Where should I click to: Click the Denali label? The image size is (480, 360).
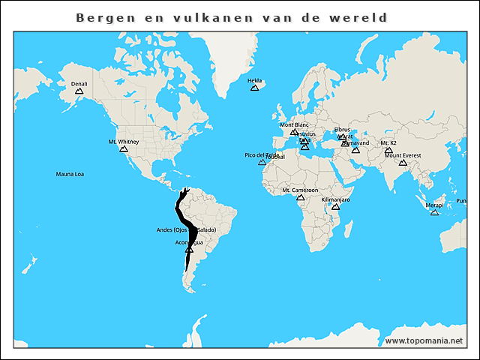click(x=79, y=84)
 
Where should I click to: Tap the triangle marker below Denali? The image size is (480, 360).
click(x=79, y=91)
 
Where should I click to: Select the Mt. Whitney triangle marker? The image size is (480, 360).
click(x=123, y=148)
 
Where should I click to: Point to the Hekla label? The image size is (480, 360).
click(x=254, y=80)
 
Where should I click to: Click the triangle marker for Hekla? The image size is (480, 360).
click(x=254, y=88)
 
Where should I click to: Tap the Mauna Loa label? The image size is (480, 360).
click(x=70, y=174)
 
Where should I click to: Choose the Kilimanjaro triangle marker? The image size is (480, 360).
click(x=335, y=206)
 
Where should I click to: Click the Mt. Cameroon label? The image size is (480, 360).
click(x=300, y=190)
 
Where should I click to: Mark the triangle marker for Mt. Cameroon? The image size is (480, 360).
click(x=300, y=197)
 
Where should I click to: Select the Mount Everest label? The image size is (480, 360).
click(x=403, y=155)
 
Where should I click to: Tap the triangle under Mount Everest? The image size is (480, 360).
click(x=403, y=162)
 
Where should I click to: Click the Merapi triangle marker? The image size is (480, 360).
click(x=434, y=212)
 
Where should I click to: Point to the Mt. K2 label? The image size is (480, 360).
click(x=388, y=142)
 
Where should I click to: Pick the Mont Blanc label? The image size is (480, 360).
click(x=294, y=124)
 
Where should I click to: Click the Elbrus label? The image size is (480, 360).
click(x=342, y=130)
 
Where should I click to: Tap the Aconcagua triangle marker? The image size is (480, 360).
click(x=189, y=250)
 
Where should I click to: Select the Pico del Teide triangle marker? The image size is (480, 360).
click(x=262, y=162)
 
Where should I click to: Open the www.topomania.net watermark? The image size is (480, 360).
click(x=424, y=340)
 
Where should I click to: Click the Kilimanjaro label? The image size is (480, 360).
click(x=335, y=200)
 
